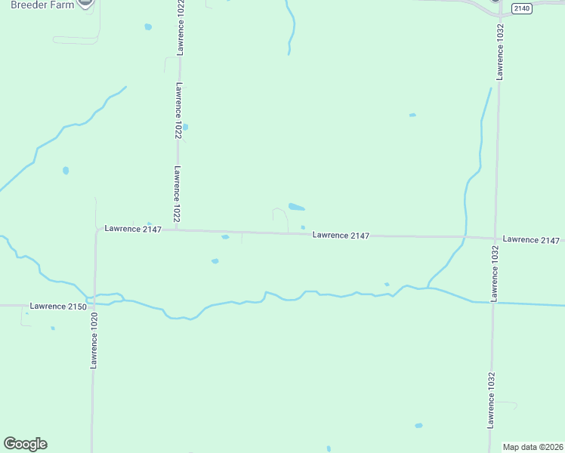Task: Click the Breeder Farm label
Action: point(42,5)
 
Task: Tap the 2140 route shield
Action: point(521,8)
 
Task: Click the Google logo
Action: point(25,444)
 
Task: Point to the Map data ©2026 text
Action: point(533,447)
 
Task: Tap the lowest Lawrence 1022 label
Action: point(177,193)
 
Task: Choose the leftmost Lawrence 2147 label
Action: point(133,229)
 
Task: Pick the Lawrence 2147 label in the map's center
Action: point(341,236)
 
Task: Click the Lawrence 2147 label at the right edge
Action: point(532,240)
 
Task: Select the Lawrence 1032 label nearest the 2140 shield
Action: point(499,51)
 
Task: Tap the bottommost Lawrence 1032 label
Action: point(491,400)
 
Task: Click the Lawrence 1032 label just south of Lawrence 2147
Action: point(495,273)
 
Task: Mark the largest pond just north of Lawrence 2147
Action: point(296,207)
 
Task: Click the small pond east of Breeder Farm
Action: point(148,27)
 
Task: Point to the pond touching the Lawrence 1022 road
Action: point(185,127)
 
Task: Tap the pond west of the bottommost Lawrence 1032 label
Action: point(418,426)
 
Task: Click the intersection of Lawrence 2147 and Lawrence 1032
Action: point(496,239)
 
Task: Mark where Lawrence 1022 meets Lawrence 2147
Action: point(177,230)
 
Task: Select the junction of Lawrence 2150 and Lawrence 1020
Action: point(94,305)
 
